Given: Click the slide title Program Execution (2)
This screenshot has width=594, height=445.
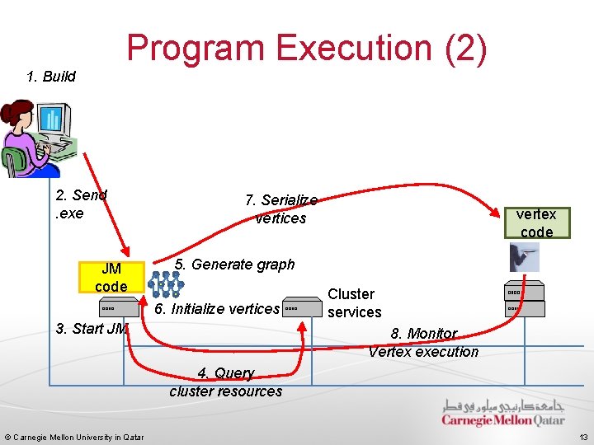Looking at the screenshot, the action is pos(307,48).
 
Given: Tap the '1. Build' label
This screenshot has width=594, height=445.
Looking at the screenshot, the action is pos(51,77).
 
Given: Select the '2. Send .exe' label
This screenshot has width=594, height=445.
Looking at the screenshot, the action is pos(80,204).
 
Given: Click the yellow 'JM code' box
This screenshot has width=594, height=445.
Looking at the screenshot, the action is pos(111,278).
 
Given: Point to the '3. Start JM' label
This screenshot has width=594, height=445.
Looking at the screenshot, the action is pos(92,329).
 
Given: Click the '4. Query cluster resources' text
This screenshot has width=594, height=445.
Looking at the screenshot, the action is pos(225,382).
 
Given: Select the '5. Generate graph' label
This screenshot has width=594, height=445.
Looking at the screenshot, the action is pos(234,265).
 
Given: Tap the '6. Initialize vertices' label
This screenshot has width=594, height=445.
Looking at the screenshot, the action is pos(218,309).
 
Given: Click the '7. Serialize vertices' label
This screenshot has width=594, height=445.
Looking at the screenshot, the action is pos(280,209).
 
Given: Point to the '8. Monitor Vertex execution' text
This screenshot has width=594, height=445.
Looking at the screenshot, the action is pos(423,343).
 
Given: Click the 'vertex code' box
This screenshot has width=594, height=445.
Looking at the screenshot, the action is pos(536,222).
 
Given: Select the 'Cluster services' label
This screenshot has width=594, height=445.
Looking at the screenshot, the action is pos(354,303).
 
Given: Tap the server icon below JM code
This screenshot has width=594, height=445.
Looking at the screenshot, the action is pos(110,309).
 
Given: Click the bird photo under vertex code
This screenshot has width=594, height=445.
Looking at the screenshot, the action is pos(525,259).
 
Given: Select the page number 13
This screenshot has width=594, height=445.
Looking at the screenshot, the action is pos(583,437).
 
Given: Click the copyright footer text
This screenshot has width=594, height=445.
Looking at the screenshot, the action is pos(74,437).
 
